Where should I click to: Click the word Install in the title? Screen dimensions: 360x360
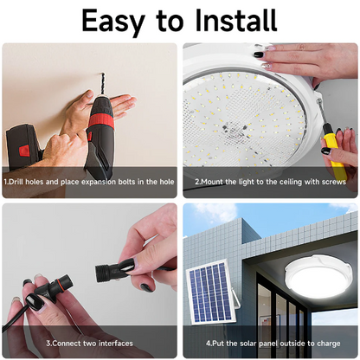[x=235, y=20]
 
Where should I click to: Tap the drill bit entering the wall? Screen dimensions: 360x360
[x=102, y=84]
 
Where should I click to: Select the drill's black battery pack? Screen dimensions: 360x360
[x=23, y=147]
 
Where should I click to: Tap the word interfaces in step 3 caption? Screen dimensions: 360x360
[x=116, y=344]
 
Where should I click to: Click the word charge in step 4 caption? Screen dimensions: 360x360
[x=329, y=344]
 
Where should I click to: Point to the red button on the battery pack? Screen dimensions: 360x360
[x=23, y=150]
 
